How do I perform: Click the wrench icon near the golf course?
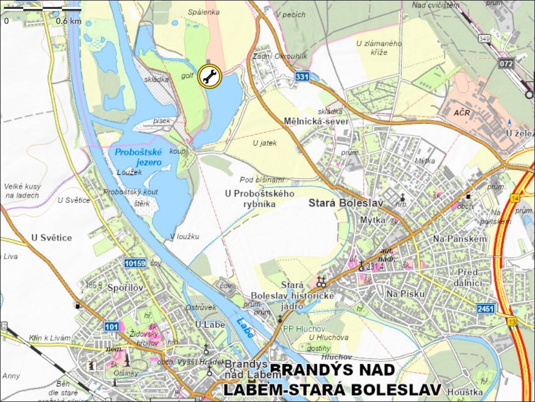(x=209, y=76)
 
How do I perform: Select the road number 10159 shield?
(x=135, y=264)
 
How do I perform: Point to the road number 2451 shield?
(x=486, y=309)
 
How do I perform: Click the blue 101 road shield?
(x=112, y=326)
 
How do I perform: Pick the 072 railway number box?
(x=507, y=64)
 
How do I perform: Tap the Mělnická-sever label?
(x=316, y=122)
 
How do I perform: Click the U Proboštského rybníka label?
(x=259, y=198)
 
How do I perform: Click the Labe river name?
(x=245, y=328)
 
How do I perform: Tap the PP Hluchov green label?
(x=304, y=329)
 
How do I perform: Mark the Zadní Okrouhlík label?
(x=280, y=57)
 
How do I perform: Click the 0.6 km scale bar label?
(x=68, y=21)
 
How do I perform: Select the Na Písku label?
(x=406, y=294)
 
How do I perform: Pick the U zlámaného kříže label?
(x=379, y=48)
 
